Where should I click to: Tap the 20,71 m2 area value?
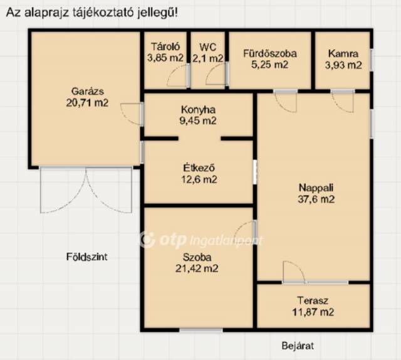[x=87, y=103]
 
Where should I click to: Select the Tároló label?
[x=165, y=46]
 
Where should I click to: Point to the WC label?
[x=207, y=47]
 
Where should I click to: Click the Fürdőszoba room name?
[x=270, y=53]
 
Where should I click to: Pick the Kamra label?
[x=343, y=54]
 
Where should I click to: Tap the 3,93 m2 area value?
[x=343, y=65]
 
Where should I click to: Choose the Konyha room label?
[x=198, y=110]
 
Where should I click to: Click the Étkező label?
[x=199, y=167]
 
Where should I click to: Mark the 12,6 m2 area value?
[x=199, y=179]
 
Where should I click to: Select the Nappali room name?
[x=316, y=188]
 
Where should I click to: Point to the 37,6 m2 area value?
[x=316, y=199]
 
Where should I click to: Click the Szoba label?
[x=197, y=257]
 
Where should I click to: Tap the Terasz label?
[x=313, y=300]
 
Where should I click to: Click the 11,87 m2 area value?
[x=313, y=312]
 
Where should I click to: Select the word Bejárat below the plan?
[x=298, y=346]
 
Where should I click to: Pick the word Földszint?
[x=86, y=257]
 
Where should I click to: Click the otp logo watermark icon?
[x=148, y=240]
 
